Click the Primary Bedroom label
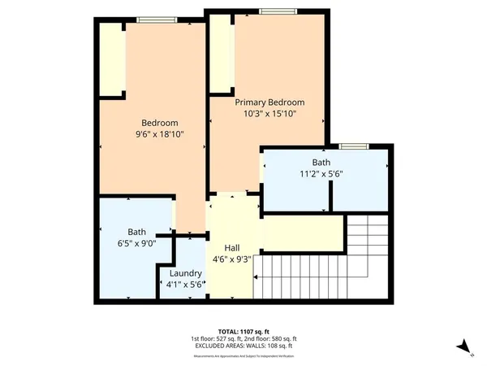269,102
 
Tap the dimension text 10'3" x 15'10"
269,115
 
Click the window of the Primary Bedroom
271,11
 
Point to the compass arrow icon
465,347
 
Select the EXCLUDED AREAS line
243,345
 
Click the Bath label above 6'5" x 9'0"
136,231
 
